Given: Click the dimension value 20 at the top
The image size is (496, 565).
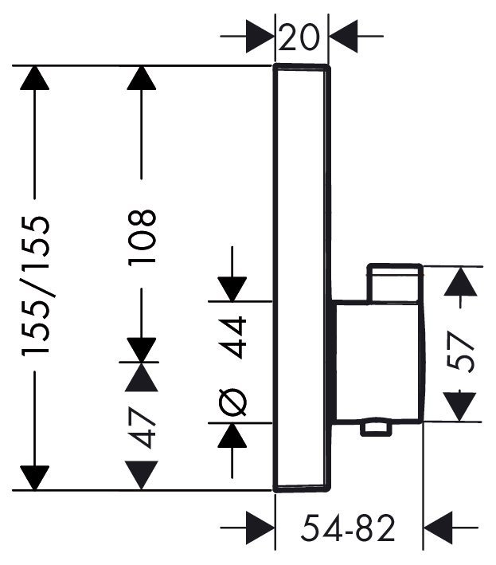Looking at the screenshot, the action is coord(299,37).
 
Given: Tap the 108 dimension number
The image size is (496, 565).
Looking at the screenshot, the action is coord(142,237).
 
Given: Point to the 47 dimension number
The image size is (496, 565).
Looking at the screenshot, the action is coord(142,427).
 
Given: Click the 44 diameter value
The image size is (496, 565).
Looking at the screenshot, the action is coord(233,337).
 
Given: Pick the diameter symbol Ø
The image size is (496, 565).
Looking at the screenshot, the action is coord(233,402).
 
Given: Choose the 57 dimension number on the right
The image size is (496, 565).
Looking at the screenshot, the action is coord(461,352).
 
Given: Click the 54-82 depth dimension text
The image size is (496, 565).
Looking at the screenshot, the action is coord(348,528).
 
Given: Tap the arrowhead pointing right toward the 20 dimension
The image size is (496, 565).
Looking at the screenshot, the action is coord(260,37).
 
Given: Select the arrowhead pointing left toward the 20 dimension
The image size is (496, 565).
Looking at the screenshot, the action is coord(343,37).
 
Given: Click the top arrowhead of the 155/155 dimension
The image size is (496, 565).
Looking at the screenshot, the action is coord(34,78).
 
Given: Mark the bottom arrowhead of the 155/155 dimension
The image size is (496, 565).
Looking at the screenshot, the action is coord(34,478).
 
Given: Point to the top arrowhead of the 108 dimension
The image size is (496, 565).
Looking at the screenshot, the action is coord(142,78).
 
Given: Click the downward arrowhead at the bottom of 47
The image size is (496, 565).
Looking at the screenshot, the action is coord(142,475).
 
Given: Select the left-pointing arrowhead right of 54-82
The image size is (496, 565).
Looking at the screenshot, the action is coord(438,528).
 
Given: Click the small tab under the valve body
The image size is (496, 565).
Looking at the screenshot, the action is coord(376,428).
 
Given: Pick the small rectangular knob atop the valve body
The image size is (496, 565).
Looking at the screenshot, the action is coord(395,282).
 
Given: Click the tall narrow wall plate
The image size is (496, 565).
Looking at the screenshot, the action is coord(302,278).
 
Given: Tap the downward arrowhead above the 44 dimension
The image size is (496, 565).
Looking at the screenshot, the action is coord(232,288).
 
